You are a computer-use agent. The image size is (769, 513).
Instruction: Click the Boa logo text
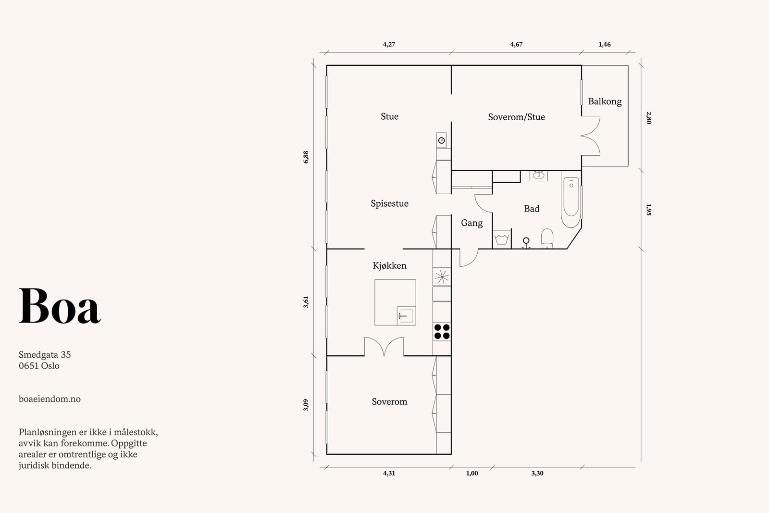click(60, 307)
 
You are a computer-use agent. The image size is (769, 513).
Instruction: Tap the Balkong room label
click(605, 101)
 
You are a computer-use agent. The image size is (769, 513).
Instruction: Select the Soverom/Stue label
click(516, 117)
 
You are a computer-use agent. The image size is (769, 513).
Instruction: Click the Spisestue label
click(389, 203)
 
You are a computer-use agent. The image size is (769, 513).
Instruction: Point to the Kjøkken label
click(389, 265)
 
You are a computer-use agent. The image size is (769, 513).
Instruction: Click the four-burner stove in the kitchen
click(442, 331)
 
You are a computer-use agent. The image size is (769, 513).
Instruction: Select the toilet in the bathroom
click(547, 238)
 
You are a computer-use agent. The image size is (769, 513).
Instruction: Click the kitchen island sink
click(405, 316)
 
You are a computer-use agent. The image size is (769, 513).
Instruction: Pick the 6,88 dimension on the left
click(306, 157)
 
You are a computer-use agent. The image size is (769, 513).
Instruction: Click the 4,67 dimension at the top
click(516, 44)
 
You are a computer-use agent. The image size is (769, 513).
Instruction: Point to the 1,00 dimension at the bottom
click(472, 473)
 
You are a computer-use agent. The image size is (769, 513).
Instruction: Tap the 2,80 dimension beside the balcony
click(648, 118)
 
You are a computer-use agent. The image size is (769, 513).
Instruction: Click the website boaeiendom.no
click(50, 399)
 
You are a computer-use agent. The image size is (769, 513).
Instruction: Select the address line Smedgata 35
click(45, 355)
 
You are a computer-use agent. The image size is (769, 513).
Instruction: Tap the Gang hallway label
click(471, 223)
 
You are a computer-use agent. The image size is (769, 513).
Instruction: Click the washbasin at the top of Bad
click(538, 175)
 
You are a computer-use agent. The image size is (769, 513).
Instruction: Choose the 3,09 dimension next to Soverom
click(306, 405)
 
